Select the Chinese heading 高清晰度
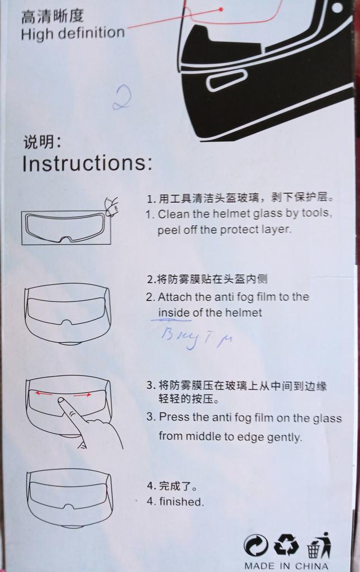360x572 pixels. pos(52,16)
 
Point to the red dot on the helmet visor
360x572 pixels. pos(221,9)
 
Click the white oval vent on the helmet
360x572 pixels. pos(225,80)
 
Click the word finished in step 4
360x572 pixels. pos(181,502)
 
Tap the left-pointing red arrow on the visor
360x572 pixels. pos(43,394)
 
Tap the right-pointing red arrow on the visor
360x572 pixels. pos(82,395)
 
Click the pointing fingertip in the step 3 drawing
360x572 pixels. pos(61,401)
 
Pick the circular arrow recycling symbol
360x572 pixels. pos(255,546)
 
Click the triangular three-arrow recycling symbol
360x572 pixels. pos(286,545)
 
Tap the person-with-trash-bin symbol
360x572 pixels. pos(318,545)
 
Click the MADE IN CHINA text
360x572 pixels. pos(286,566)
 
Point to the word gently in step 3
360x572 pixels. pos(285,437)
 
